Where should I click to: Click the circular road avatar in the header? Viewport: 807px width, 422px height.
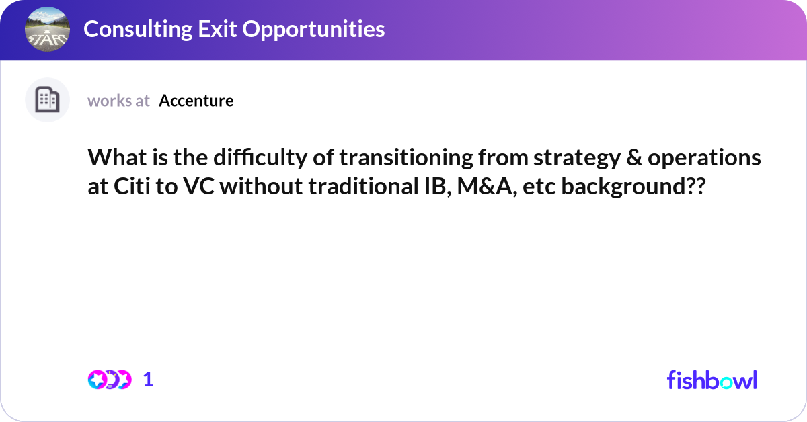point(47,29)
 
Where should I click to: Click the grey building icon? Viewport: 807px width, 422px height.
point(47,100)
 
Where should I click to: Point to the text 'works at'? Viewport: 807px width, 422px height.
point(118,101)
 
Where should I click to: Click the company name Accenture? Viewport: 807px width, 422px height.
point(196,101)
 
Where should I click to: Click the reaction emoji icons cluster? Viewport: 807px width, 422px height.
point(109,380)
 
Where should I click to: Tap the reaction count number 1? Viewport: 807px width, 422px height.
point(149,380)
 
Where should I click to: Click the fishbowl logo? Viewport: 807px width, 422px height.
point(712,380)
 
